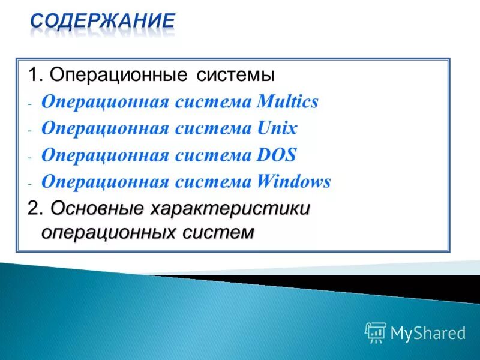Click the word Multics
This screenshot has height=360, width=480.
coord(287,102)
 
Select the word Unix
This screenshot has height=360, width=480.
coord(276,128)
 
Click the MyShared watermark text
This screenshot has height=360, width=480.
coord(428,333)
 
